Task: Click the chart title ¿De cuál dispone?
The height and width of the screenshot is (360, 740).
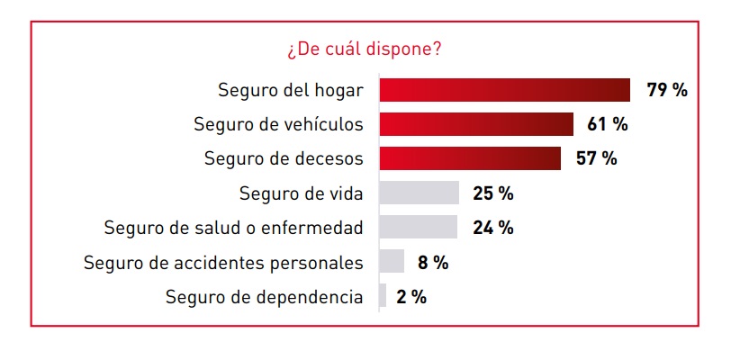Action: pos(364,48)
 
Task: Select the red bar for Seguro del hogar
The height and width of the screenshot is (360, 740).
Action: pos(504,90)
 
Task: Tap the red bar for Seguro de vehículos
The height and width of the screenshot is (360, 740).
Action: pos(476,124)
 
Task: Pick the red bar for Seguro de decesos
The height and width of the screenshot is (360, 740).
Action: pos(470,158)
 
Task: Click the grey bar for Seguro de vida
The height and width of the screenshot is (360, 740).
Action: pos(419,193)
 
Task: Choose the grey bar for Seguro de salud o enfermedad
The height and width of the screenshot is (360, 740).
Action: pos(418,227)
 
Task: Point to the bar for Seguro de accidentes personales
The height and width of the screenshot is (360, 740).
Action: pos(392,262)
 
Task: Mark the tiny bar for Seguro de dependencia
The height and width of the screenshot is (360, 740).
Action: pos(383,296)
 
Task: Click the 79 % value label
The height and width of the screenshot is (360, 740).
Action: pos(667,90)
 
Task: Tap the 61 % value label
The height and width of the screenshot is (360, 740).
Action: pos(608,124)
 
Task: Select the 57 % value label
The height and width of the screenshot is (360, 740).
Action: pos(596,158)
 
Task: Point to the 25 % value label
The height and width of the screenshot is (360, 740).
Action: pos(493,193)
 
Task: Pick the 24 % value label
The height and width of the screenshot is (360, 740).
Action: pos(492,227)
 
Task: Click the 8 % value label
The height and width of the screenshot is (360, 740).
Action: pos(432,262)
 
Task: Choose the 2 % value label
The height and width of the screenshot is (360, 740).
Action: pos(411,296)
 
